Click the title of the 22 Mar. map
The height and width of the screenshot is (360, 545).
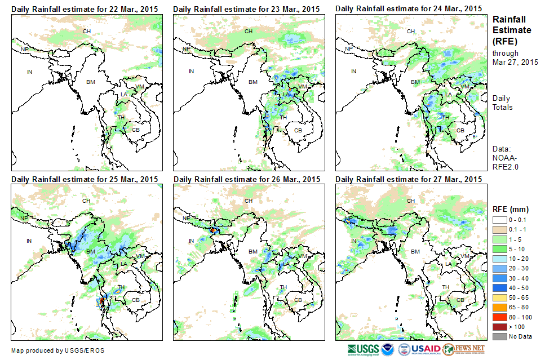tap(85, 9)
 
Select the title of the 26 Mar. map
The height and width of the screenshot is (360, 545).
tap(247, 179)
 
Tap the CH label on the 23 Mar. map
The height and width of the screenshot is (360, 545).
tap(248, 30)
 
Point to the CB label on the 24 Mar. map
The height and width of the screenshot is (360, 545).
tap(460, 130)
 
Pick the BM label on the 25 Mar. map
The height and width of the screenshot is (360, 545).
tap(91, 251)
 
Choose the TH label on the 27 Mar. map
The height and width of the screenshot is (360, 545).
tap(446, 287)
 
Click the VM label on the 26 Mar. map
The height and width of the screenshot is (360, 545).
tap(303, 256)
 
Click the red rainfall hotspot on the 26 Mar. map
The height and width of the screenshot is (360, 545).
tap(214, 230)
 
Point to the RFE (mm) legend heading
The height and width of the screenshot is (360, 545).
tap(511, 210)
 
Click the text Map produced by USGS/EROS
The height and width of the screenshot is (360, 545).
tap(57, 350)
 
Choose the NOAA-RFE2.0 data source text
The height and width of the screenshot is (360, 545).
tap(506, 162)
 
